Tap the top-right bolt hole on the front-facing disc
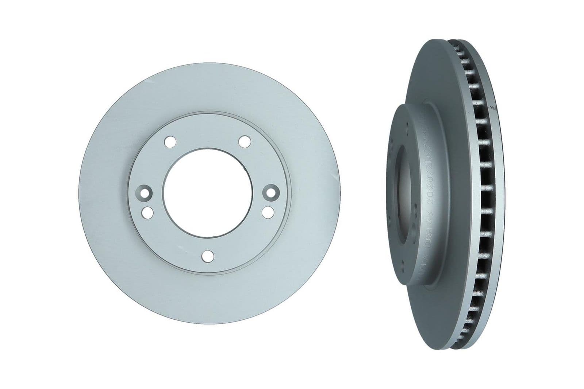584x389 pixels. click(245, 141)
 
